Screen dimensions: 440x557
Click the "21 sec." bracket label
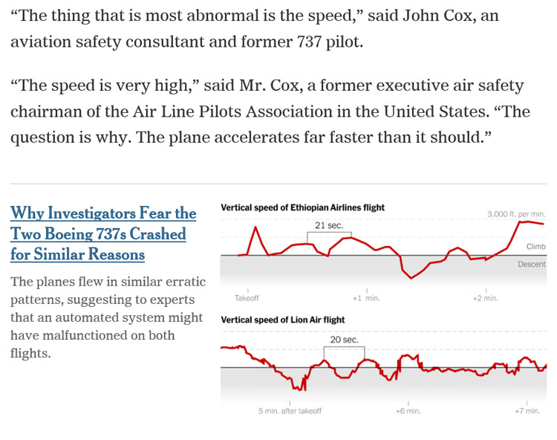pos(329,225)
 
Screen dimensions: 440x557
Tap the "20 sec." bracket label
pos(344,340)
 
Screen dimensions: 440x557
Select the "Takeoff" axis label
pos(247,298)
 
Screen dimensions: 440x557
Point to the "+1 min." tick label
pos(366,298)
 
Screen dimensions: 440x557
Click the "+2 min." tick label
pos(486,298)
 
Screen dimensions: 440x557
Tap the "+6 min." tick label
pos(408,411)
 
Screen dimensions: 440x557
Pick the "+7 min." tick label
pos(527,411)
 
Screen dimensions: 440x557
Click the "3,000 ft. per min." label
pos(516,214)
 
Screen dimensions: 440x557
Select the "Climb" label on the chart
pos(535,247)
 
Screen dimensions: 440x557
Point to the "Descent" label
pos(532,265)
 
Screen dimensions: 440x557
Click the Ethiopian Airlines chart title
pos(302,207)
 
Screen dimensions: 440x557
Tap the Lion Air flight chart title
pos(283,320)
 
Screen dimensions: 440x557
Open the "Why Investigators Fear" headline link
pos(103,233)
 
